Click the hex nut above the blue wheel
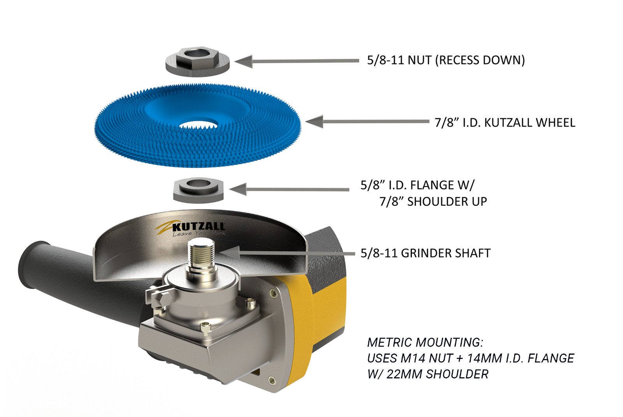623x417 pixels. point(197,62)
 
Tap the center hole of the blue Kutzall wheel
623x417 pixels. point(198,125)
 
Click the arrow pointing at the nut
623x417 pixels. point(296,61)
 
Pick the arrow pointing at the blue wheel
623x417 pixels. point(366,121)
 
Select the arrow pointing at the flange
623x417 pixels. point(288,190)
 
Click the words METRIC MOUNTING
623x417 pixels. point(425,342)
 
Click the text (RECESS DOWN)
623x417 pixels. point(480,60)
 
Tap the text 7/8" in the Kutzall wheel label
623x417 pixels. point(444,123)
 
